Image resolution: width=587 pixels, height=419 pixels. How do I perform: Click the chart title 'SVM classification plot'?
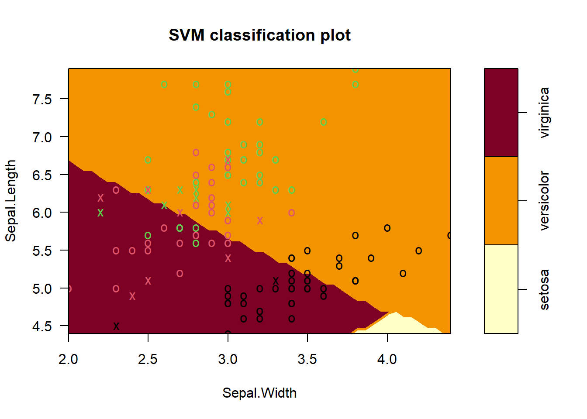click(x=259, y=35)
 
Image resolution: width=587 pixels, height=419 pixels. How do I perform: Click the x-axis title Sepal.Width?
click(x=259, y=393)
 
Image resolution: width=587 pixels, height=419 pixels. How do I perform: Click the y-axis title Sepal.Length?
click(x=10, y=201)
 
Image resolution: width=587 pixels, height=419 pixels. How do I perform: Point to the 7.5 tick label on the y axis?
click(x=42, y=99)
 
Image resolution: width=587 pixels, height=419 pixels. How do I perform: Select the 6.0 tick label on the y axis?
click(x=42, y=213)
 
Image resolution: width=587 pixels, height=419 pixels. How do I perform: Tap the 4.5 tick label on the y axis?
click(x=42, y=326)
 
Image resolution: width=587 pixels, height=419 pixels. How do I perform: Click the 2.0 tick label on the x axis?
click(x=69, y=359)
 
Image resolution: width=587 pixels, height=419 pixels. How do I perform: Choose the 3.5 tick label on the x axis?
click(x=307, y=359)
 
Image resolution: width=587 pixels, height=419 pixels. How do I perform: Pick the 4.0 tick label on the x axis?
click(x=387, y=359)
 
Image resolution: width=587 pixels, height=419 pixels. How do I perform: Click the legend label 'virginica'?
click(x=544, y=113)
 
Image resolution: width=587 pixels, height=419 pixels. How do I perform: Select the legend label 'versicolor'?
click(x=544, y=201)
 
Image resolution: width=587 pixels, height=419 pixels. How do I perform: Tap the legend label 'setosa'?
click(x=544, y=289)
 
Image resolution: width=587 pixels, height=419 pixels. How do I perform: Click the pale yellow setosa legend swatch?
click(x=501, y=289)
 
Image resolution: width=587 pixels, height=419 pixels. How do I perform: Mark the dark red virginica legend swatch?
click(x=501, y=113)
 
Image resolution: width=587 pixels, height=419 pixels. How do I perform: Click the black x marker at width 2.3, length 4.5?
click(x=116, y=326)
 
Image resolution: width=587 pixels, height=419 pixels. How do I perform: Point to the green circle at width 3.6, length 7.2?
click(x=323, y=122)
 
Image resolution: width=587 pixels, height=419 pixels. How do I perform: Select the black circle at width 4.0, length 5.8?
click(x=387, y=228)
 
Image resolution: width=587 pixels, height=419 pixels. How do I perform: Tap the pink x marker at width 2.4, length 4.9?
click(x=132, y=296)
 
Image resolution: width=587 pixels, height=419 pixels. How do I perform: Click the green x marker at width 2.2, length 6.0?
click(x=100, y=213)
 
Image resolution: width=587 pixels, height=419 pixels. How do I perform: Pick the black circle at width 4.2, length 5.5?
click(x=419, y=251)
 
